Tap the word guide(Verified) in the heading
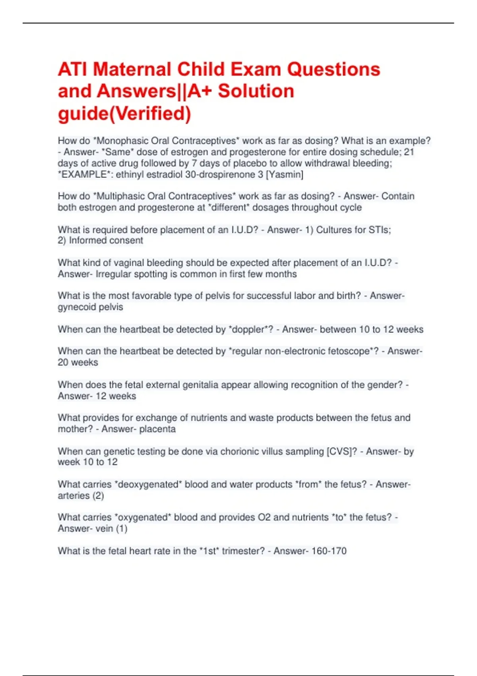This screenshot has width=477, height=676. [x=124, y=114]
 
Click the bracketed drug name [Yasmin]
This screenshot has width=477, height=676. [x=284, y=175]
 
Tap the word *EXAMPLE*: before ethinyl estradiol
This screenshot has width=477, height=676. [x=85, y=175]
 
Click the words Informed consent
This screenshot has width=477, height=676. [x=106, y=241]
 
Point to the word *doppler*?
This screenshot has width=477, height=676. [x=250, y=329]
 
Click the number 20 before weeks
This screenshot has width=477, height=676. [x=63, y=362]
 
